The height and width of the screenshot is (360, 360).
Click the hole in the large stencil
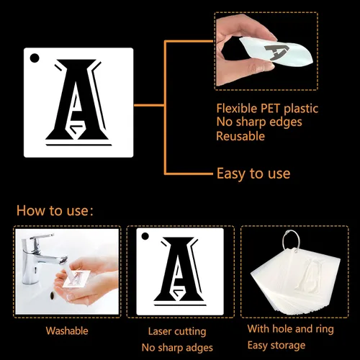[35, 58]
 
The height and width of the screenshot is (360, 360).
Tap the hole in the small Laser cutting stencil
[145, 236]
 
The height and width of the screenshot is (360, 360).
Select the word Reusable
[240, 136]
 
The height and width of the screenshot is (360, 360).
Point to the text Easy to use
[253, 174]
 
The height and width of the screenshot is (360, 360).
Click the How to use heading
[55, 210]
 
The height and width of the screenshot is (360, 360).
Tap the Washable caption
[67, 330]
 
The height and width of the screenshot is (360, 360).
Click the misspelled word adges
[200, 348]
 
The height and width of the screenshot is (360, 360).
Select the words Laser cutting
[177, 331]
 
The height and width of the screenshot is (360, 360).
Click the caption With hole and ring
[291, 329]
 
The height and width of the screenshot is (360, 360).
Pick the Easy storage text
[276, 346]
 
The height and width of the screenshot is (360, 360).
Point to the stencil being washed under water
[76, 279]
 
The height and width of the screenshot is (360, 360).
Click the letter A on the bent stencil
[276, 51]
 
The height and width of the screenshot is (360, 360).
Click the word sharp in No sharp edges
[252, 122]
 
